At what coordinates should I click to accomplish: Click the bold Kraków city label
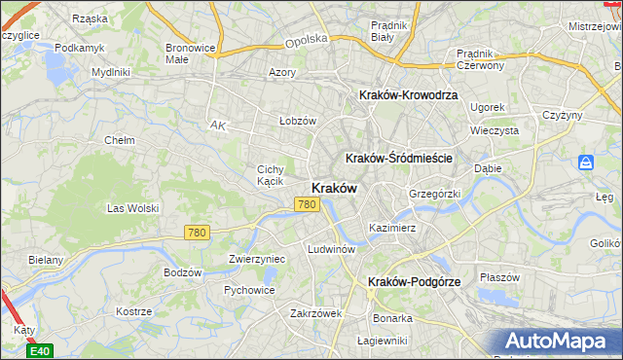click(334, 188)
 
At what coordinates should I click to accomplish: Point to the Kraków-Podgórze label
click(414, 281)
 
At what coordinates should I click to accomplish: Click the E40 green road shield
click(40, 351)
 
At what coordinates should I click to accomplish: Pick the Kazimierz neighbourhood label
click(392, 228)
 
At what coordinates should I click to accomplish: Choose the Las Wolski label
click(132, 208)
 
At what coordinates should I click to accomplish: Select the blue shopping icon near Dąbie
click(585, 162)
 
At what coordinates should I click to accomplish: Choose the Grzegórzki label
click(433, 194)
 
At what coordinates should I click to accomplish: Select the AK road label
click(218, 125)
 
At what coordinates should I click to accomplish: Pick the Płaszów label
click(500, 276)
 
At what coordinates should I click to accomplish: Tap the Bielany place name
click(46, 260)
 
